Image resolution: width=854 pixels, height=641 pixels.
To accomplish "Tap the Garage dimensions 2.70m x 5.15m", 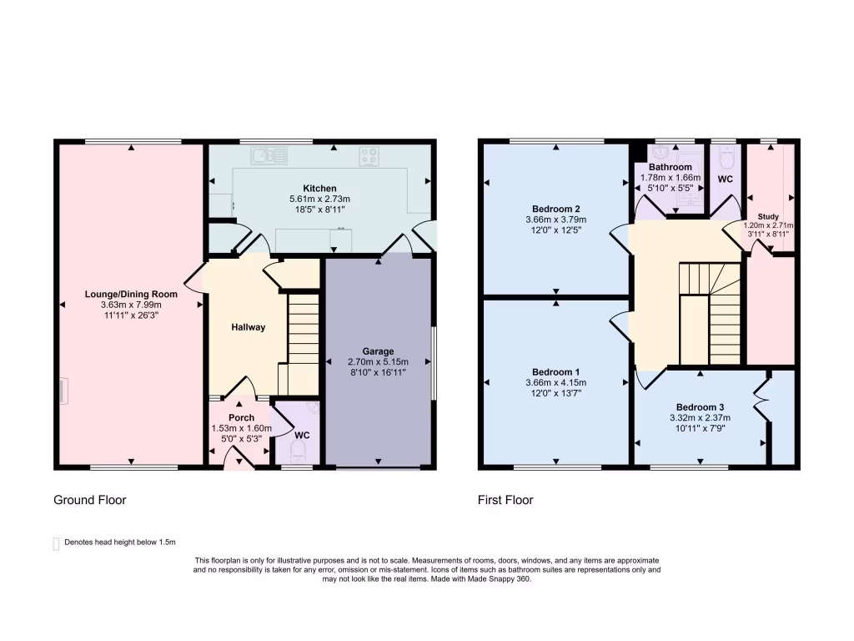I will point(378,362).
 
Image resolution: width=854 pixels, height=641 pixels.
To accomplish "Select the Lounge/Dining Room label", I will point(131,294).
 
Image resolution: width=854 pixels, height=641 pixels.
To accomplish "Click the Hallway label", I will point(248,327).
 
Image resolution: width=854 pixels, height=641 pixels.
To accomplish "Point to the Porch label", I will point(241,417).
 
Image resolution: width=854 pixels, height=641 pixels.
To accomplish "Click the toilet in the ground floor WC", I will point(298,452).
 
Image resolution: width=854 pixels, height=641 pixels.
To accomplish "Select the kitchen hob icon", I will point(369,155).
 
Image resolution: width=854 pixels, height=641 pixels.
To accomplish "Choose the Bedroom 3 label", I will point(700,406).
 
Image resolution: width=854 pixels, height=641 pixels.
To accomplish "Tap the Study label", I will point(768,216).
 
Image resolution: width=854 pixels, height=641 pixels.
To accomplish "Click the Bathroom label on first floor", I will point(671,167).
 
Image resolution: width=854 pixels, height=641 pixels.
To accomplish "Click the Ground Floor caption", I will point(89,500).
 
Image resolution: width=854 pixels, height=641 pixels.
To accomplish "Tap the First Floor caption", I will point(505,500).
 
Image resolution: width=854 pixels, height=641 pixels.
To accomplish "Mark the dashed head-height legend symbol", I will point(57,543).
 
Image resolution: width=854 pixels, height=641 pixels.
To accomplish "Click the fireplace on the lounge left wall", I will point(62,389).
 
